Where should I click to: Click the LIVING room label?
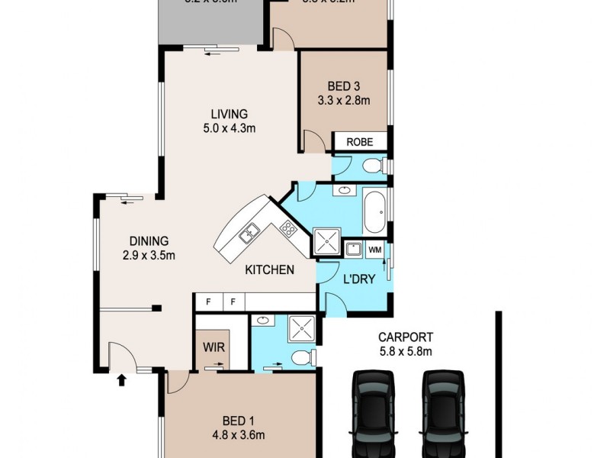[x=221, y=114]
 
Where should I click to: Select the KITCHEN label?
[x=269, y=269]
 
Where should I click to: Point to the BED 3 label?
[x=343, y=85]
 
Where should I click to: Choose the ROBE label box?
[x=358, y=142]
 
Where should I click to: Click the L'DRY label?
[x=360, y=279]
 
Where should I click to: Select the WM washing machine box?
[x=375, y=250]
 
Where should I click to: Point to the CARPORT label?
[x=406, y=337]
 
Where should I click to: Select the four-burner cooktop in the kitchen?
[x=288, y=227]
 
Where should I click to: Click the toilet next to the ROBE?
[x=371, y=166]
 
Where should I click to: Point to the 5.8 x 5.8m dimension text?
[x=406, y=351]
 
